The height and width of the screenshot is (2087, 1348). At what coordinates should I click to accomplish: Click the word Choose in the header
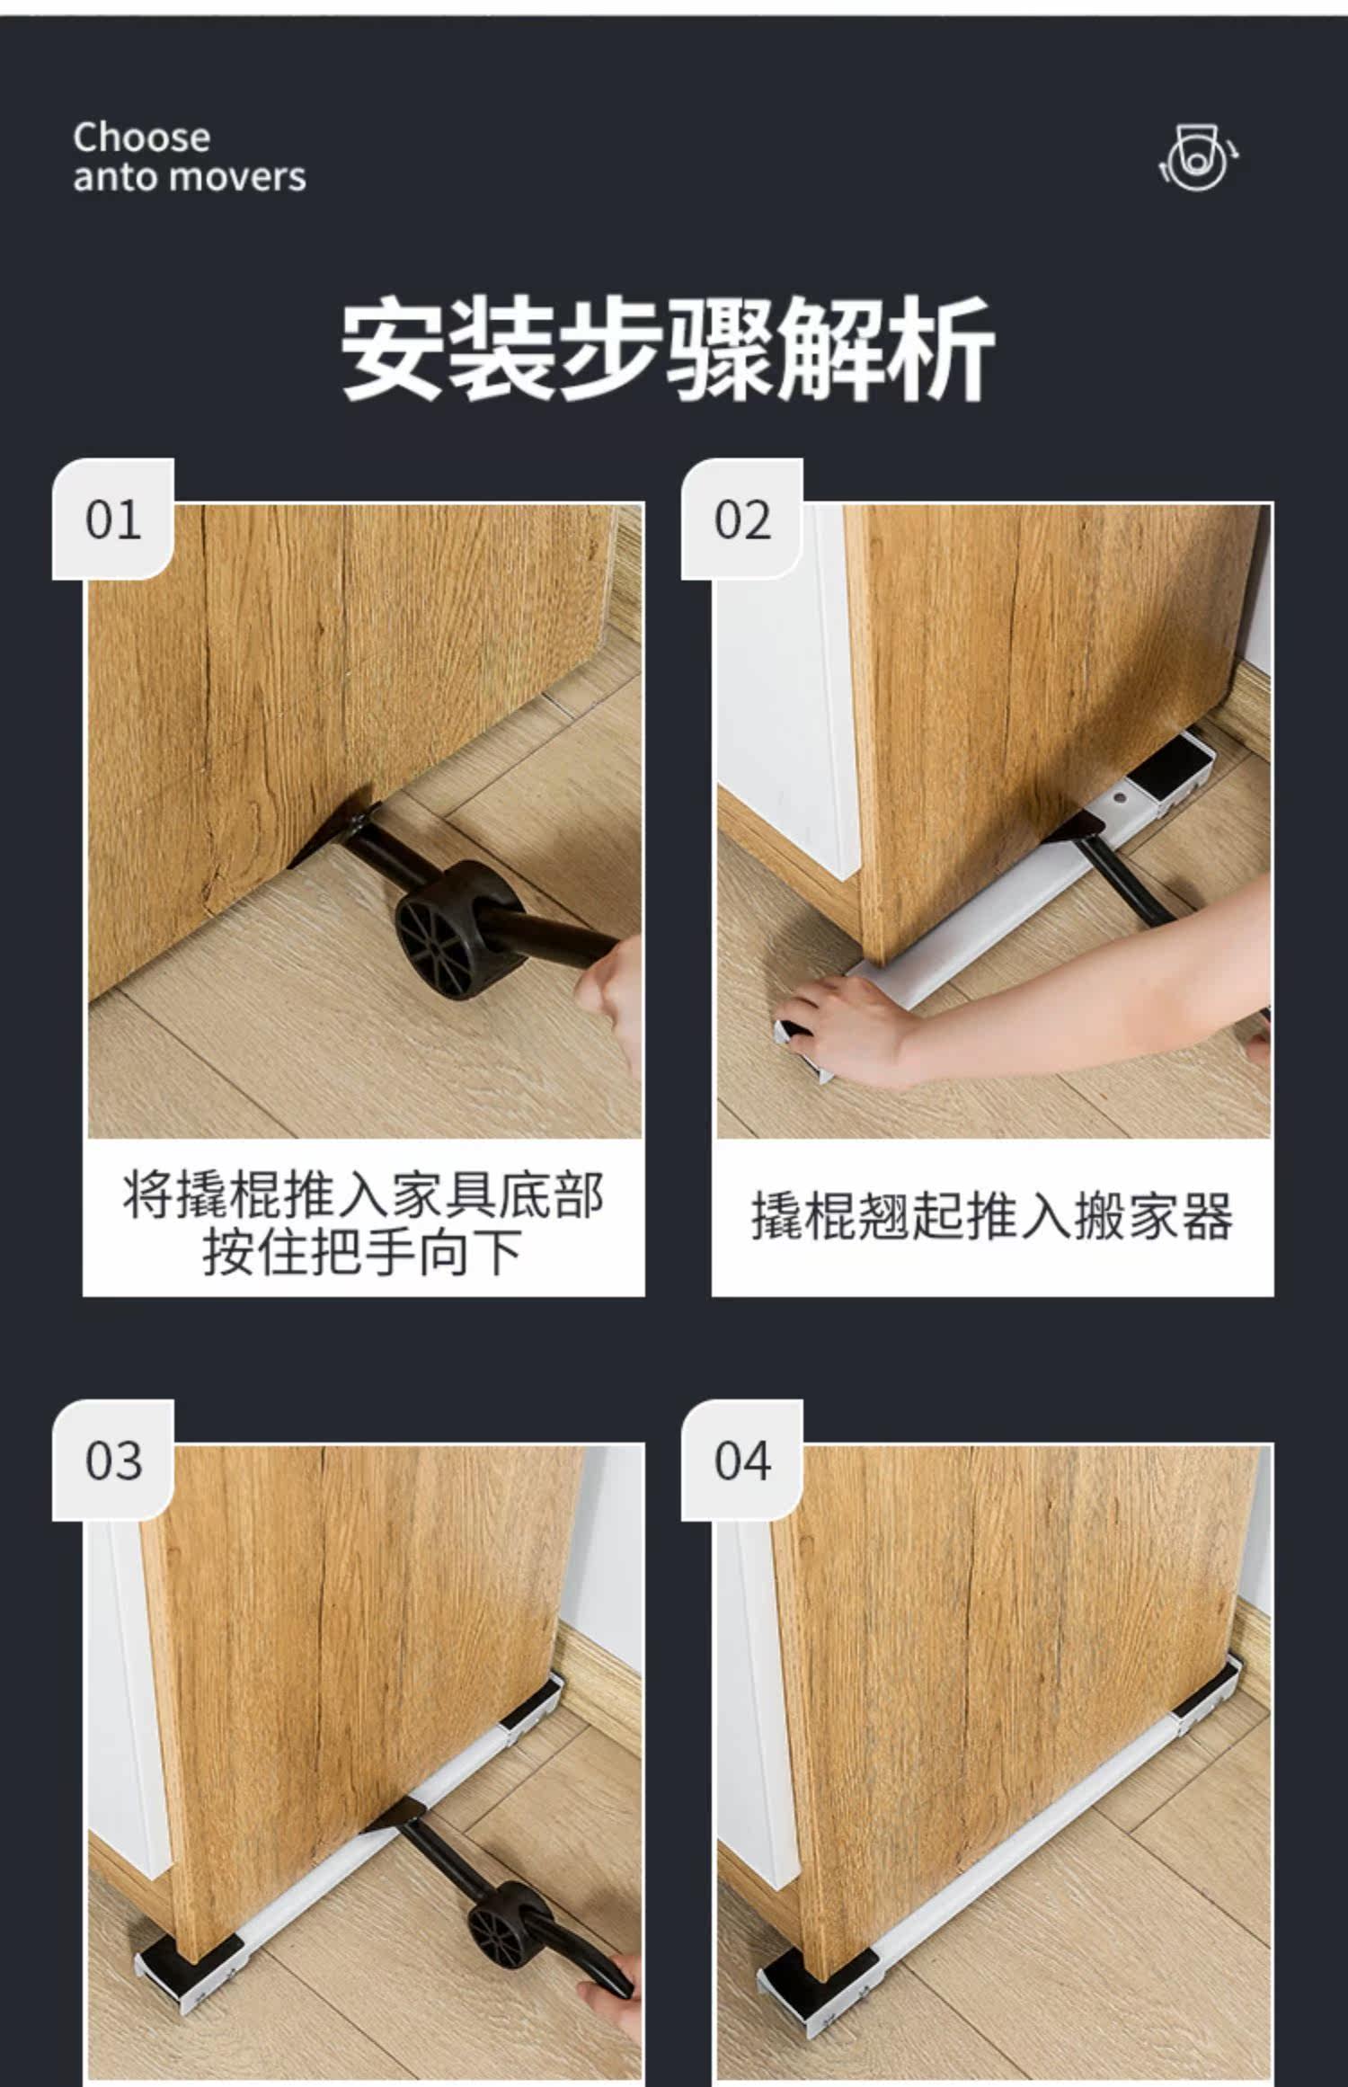142,138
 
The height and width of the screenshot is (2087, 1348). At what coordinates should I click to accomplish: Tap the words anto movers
190,177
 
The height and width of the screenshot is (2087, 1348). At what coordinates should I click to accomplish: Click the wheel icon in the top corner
1199,158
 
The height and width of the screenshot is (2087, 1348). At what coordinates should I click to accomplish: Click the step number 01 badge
113,520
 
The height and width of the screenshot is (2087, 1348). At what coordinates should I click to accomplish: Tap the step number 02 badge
742,520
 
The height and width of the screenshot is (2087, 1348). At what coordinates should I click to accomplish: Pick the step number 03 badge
113,1461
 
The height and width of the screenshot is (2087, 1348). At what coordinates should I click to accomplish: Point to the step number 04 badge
742,1461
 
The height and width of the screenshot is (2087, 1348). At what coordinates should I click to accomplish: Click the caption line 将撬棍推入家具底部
364,1194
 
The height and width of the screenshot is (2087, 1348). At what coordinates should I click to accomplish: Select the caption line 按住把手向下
363,1252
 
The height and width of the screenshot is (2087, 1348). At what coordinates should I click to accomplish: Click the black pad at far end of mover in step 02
1172,774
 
